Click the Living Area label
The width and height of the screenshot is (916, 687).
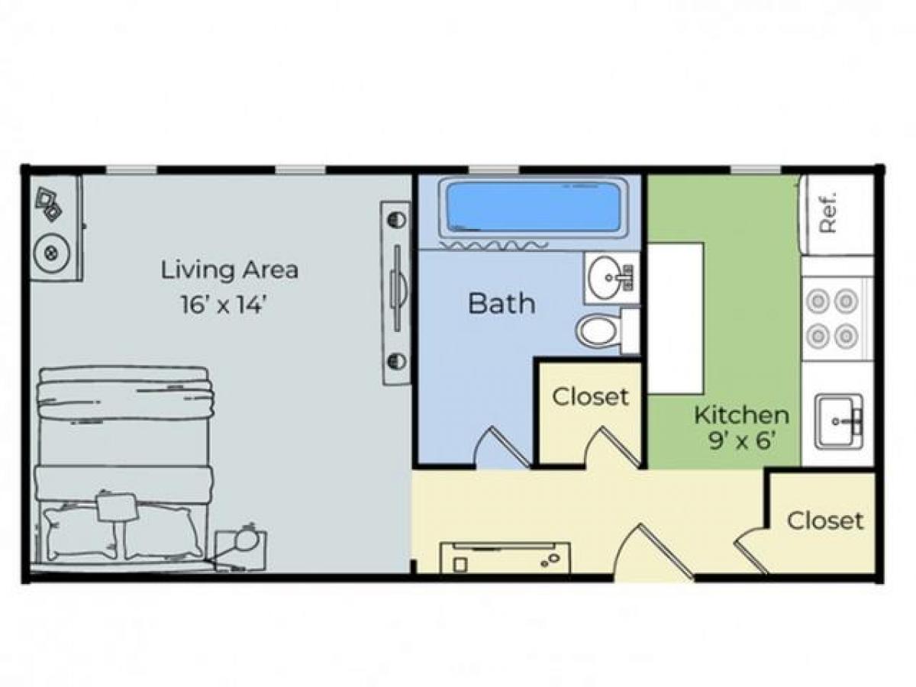229,269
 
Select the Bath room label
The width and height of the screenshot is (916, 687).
501,303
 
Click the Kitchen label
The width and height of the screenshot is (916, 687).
740,415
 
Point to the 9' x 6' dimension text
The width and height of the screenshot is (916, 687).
742,441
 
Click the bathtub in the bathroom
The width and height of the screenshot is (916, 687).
533,208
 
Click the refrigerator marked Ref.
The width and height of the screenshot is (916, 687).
836,214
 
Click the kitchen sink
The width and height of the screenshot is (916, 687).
838,421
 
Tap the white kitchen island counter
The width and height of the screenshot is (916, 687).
675,318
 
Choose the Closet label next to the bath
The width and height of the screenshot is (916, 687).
590,397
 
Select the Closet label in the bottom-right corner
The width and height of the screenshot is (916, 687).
824,521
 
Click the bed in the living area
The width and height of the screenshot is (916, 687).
122,466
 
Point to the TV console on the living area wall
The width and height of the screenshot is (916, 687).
395,292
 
